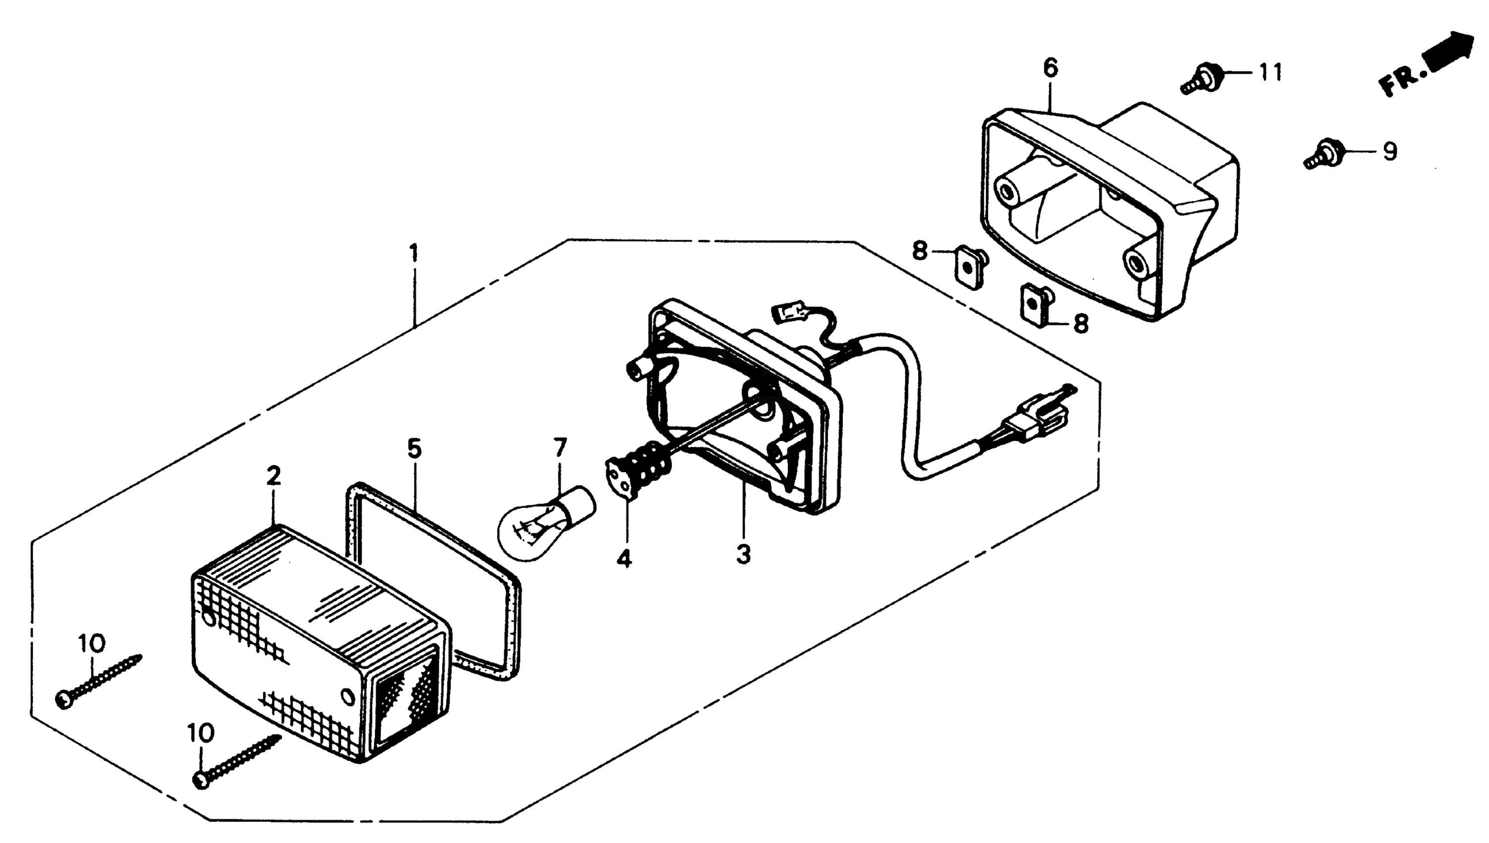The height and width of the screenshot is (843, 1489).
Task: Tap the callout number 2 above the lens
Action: (x=273, y=476)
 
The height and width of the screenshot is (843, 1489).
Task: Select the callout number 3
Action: (x=743, y=554)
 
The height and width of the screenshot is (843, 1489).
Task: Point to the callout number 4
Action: (x=623, y=558)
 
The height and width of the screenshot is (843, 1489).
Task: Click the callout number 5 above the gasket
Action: (x=415, y=449)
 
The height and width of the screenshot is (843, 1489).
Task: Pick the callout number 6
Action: (x=1050, y=68)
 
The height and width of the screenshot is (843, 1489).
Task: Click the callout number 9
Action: (x=1389, y=152)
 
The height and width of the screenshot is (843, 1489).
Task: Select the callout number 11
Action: (x=1271, y=73)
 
